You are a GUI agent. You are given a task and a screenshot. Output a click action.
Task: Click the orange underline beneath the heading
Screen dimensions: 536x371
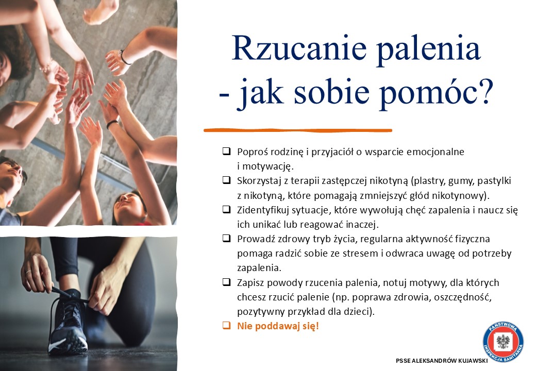point(298,130)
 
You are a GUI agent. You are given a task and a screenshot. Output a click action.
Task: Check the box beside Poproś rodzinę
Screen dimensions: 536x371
point(226,151)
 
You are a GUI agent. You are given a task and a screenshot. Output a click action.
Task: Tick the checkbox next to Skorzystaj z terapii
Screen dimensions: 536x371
point(226,180)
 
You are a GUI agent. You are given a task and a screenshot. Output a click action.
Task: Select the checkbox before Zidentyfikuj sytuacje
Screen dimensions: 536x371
point(226,209)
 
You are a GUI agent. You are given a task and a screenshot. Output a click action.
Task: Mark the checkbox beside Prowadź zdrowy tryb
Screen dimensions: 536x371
point(226,238)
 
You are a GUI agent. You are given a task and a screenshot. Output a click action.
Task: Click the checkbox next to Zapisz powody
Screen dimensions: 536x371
point(226,282)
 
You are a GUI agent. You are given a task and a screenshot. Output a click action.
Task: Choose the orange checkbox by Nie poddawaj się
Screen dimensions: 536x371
point(226,325)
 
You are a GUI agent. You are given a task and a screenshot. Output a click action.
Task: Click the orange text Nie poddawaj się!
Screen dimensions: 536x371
point(278,326)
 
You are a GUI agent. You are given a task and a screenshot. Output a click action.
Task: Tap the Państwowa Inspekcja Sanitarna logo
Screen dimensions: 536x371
point(503,342)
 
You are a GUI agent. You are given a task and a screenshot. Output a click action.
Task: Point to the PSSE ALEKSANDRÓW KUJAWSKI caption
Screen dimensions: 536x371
point(442,361)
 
